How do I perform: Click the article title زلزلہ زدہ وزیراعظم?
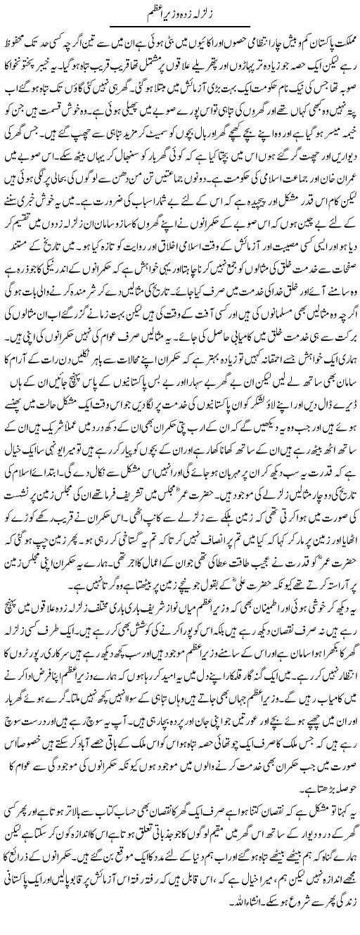point(180,11)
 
